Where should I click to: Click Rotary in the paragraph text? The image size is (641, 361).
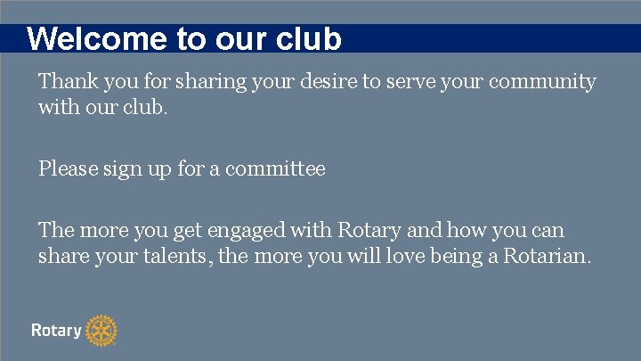369,231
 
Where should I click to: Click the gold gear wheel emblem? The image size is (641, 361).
102,331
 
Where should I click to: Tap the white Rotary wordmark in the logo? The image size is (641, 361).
56,331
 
